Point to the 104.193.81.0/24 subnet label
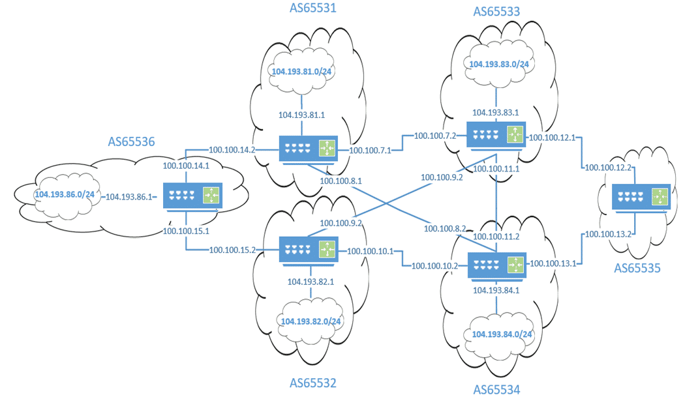[x=303, y=72]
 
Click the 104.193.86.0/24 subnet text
[x=65, y=194]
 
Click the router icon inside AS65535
[x=640, y=197]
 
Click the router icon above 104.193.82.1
[x=309, y=250]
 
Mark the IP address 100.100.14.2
[x=232, y=149]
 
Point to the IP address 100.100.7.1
[x=370, y=151]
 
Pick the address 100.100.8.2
[x=446, y=229]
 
